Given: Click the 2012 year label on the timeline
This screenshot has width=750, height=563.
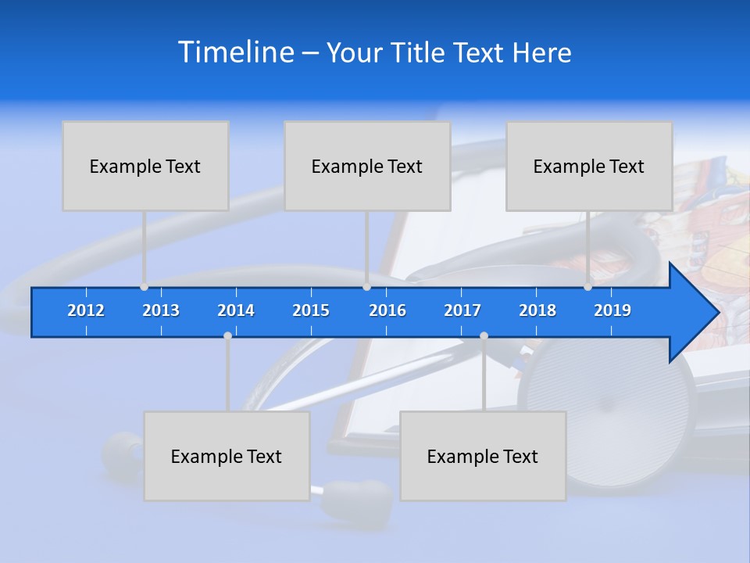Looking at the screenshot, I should tap(86, 310).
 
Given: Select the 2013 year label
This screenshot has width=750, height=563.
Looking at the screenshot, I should tap(161, 310).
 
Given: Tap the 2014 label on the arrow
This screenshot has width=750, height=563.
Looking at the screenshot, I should tap(236, 310).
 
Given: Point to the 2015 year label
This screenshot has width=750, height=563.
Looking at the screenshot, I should tap(311, 310).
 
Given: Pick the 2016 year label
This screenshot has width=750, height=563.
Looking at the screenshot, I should tap(387, 310).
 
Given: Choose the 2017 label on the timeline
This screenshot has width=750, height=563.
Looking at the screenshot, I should tap(462, 310).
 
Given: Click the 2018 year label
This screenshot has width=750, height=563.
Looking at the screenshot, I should tap(537, 310).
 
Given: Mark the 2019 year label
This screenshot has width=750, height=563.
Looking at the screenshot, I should tap(612, 310).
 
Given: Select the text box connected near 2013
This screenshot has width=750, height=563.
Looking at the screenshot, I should tap(145, 166).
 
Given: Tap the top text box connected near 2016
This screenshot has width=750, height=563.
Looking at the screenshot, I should tap(367, 166).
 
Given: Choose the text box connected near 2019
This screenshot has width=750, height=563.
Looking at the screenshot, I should tap(589, 166).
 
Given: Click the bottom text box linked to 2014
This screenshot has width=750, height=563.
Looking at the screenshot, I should tap(227, 456).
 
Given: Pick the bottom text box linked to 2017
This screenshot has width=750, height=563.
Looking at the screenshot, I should tap(483, 456).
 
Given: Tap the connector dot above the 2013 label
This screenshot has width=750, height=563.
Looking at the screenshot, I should tap(145, 287).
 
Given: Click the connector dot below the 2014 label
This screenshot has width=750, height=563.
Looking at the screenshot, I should tap(227, 335).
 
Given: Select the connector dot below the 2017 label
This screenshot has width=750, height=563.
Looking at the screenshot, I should tap(484, 335).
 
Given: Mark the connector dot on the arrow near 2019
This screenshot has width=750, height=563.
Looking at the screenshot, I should tap(588, 287).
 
